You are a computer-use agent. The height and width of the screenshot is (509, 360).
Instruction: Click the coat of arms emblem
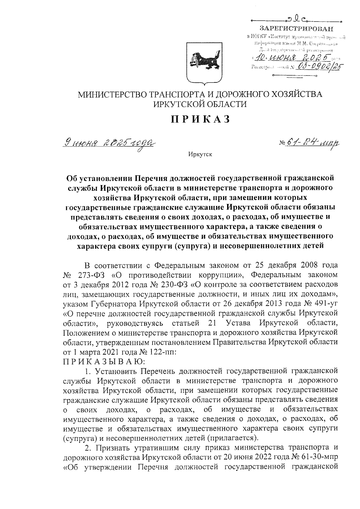click(x=205, y=62)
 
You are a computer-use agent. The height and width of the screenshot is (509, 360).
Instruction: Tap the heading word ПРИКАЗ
click(x=201, y=119)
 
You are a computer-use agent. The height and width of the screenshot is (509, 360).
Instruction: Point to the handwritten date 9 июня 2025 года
click(x=109, y=143)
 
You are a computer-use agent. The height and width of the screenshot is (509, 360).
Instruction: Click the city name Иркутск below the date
click(x=200, y=155)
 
